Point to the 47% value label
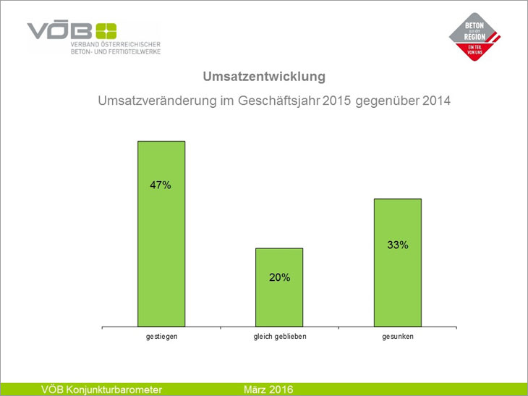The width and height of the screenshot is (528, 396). [161, 185]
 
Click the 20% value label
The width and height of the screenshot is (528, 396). [279, 277]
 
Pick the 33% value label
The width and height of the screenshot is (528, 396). [397, 245]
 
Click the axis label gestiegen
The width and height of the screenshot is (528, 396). [161, 337]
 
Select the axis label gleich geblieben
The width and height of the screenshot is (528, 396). [279, 337]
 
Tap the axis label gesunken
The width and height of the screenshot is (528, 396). [397, 337]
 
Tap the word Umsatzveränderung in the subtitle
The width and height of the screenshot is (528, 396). [150, 101]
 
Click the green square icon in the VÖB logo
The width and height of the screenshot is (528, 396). [106, 31]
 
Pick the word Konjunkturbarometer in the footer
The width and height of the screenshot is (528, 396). [114, 389]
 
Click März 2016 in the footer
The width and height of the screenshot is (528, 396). [268, 389]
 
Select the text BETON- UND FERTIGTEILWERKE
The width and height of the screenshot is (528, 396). [116, 52]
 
